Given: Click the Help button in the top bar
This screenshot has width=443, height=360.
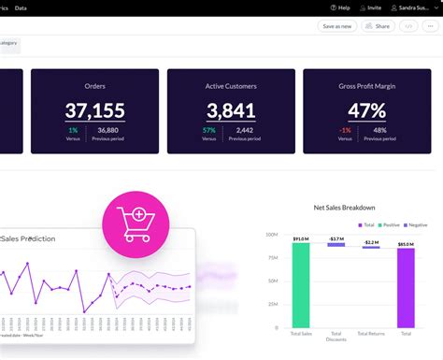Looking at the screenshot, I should pos(339,7).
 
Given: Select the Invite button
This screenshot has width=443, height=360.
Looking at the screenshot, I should pos(370,7).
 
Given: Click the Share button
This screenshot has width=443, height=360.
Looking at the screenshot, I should pos(378,26).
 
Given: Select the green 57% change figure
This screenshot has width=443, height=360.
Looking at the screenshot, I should pos(209,130).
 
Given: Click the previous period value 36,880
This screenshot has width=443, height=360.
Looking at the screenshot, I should pos(107,130).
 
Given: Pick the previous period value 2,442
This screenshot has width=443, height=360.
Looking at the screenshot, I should pos(244,130).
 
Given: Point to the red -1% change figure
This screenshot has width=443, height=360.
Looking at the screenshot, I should pos(345,130).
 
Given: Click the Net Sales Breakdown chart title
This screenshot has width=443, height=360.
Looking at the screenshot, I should pos(344,207).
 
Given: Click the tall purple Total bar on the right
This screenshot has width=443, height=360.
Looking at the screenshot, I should pos(406,288).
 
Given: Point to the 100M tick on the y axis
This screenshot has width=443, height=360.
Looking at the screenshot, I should pos(273,235).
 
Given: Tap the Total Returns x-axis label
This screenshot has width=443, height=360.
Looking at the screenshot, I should pos(371,335).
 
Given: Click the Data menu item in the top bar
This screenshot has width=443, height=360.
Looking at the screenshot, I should pos(21,7).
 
